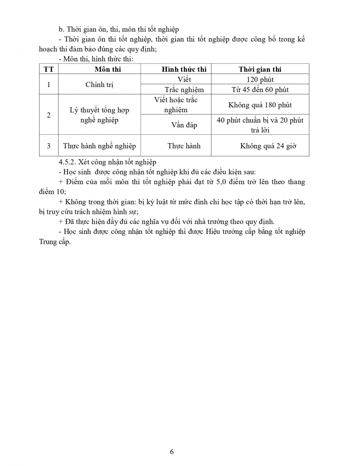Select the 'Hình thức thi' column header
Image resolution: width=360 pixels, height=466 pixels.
pyautogui.click(x=184, y=70)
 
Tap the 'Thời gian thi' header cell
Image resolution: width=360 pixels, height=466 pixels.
pyautogui.click(x=260, y=70)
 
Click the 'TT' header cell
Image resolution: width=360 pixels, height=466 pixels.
pyautogui.click(x=49, y=70)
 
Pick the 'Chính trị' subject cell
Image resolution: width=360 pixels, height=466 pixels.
pyautogui.click(x=99, y=84)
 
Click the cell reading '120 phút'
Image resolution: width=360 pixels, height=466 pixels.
pyautogui.click(x=260, y=80)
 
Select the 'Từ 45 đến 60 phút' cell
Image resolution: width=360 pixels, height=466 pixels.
pyautogui.click(x=260, y=90)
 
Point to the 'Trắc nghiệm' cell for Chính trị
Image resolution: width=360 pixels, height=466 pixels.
pyautogui.click(x=184, y=90)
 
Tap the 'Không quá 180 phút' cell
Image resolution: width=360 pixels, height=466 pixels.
pyautogui.click(x=260, y=105)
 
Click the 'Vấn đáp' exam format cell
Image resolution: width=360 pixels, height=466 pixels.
pyautogui.click(x=184, y=125)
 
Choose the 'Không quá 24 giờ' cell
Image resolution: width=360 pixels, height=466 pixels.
pyautogui.click(x=268, y=146)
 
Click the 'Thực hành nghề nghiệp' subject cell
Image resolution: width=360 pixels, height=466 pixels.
pyautogui.click(x=99, y=146)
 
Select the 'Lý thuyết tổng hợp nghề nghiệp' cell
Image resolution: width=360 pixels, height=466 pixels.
pyautogui.click(x=99, y=115)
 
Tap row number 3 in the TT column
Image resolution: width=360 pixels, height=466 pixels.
pyautogui.click(x=49, y=146)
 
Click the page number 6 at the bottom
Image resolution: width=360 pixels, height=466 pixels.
pyautogui.click(x=172, y=452)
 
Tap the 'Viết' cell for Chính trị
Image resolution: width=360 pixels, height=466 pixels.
pyautogui.click(x=184, y=80)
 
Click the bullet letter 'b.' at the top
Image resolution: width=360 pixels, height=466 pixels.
pyautogui.click(x=61, y=29)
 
